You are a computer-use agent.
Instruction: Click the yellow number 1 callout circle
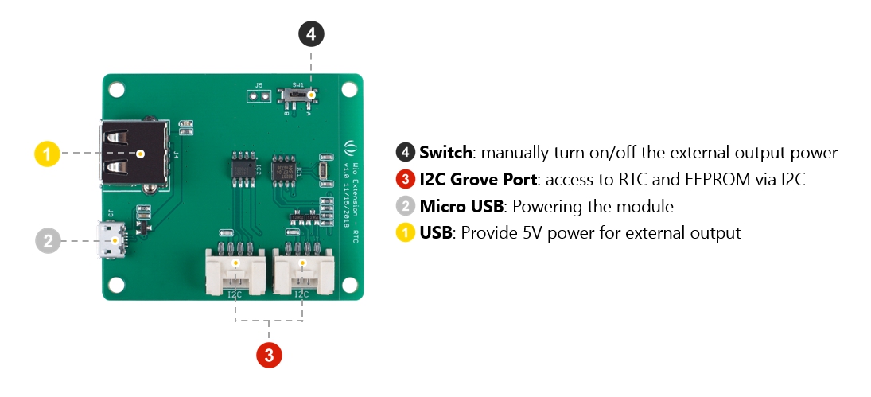coord(48,154)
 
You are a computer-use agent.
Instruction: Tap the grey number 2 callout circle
coord(48,240)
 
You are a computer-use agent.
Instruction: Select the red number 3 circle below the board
coord(269,355)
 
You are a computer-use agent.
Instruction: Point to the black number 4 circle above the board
coord(311,34)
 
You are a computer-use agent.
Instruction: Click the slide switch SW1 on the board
coord(300,96)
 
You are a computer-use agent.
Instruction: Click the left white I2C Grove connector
coord(235,271)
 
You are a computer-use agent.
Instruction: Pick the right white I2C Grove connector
coord(301,271)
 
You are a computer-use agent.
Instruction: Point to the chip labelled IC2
coord(242,169)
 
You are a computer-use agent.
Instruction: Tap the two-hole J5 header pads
coord(259,96)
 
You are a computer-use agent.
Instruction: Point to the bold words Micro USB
coord(461,207)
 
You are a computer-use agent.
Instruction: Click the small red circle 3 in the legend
coord(405,180)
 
